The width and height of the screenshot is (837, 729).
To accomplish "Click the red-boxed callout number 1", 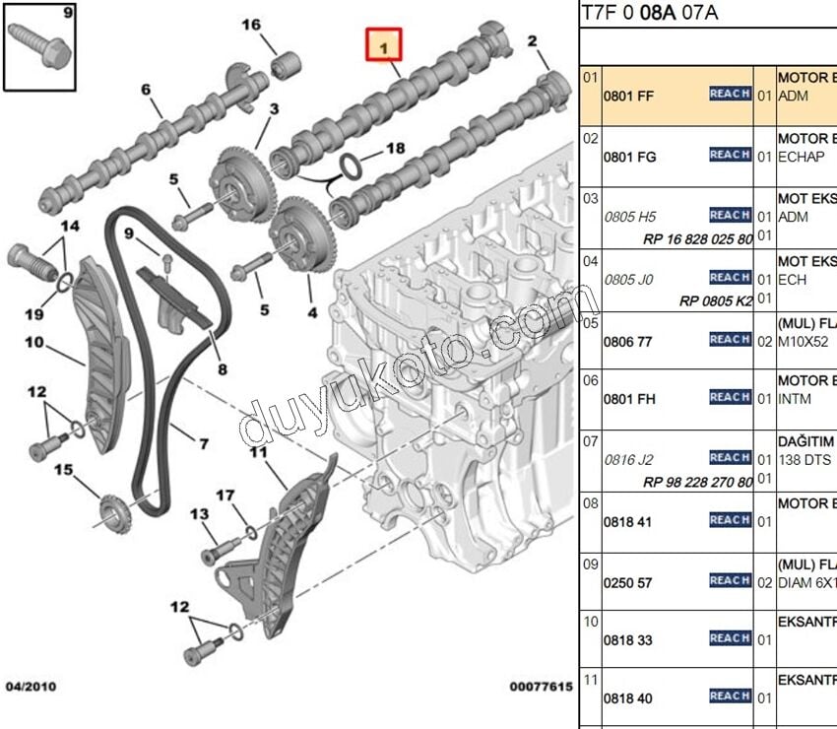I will [385, 44].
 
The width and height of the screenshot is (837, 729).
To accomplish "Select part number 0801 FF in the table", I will [629, 96].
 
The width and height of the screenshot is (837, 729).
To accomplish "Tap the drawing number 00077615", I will [541, 685].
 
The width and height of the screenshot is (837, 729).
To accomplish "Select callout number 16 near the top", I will [252, 24].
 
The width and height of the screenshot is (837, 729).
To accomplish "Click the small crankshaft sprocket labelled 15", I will [115, 512].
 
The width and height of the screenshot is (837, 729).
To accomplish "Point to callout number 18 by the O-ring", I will [395, 148].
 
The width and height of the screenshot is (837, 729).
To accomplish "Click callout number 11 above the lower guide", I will [258, 452].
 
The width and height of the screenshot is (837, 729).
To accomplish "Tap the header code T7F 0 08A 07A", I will [649, 13].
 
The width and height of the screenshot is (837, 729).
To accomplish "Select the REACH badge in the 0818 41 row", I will [730, 519].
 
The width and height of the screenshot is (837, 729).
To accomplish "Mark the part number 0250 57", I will [629, 583].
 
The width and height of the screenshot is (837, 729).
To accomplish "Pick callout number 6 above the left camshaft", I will [146, 90].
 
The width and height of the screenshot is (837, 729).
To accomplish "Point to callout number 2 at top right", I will [533, 40].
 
